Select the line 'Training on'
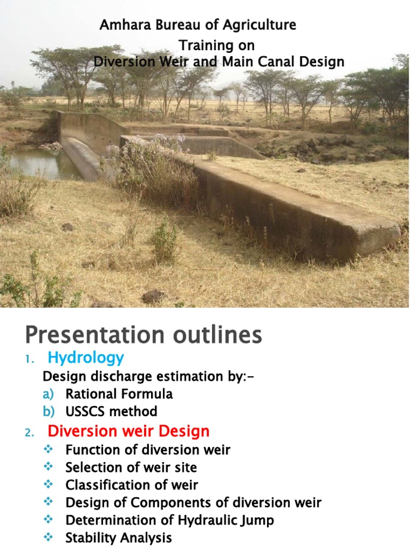pos(216,44)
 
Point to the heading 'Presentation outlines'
pos(144,335)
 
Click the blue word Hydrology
pos(86,357)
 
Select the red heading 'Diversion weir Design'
pos(129,431)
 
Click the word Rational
pos(89,394)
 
